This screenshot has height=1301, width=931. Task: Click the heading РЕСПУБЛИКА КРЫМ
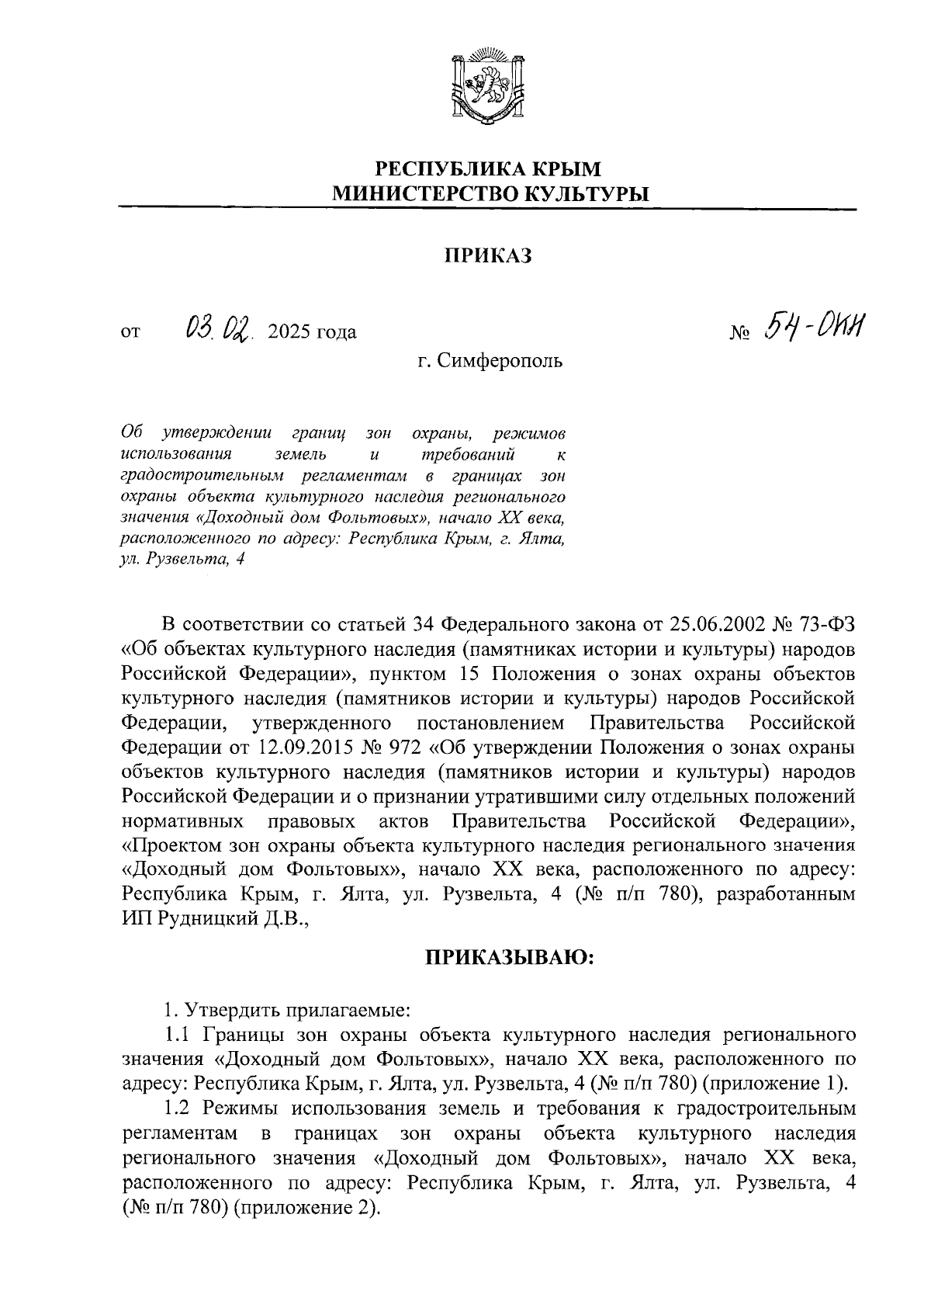(x=488, y=168)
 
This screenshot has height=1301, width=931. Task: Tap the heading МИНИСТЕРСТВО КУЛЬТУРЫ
(x=488, y=194)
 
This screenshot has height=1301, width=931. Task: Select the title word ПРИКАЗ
(x=488, y=256)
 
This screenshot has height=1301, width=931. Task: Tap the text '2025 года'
(x=311, y=333)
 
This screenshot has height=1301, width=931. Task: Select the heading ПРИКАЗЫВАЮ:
(x=509, y=958)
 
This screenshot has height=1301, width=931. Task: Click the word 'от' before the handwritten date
(x=130, y=334)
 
